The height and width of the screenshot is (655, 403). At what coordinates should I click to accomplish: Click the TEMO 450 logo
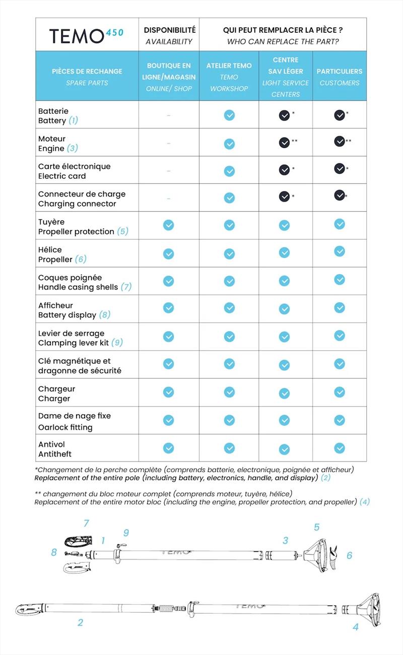(86, 36)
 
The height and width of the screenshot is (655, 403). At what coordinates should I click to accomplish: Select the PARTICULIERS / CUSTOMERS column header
(339, 77)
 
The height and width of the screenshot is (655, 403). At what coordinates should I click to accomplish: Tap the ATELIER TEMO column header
(229, 77)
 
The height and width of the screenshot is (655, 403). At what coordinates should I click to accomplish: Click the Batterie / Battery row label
(58, 115)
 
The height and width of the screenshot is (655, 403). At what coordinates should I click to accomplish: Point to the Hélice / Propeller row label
(62, 254)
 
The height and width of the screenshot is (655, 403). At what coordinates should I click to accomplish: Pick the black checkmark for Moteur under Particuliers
(339, 141)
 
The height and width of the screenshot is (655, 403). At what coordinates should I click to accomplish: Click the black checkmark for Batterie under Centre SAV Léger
(284, 115)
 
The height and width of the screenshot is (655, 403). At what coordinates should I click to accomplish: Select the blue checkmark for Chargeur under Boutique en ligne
(168, 392)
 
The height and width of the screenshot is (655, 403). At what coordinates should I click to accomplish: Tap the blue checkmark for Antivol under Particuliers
(339, 448)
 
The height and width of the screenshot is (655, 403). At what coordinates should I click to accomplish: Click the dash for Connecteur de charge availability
(168, 198)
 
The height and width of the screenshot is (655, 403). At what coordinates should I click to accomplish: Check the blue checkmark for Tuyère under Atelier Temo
(229, 225)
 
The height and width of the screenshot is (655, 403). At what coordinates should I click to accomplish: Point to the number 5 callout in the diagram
(316, 527)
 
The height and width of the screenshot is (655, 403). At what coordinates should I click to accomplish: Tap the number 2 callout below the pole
(80, 622)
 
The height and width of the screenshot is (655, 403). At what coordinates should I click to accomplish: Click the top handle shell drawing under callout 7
(79, 541)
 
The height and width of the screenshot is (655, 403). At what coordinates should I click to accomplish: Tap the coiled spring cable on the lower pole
(167, 608)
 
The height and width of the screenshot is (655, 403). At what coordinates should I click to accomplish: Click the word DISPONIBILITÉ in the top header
(170, 30)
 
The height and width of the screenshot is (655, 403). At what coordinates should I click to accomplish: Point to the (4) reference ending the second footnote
(364, 502)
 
